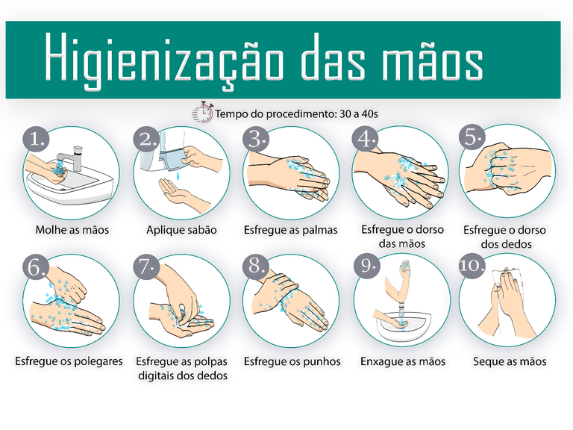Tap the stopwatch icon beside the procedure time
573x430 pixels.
point(202,113)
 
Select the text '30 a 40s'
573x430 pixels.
point(356,114)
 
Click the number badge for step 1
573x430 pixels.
point(37,140)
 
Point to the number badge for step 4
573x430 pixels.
point(366,140)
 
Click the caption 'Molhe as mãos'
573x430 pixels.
point(72,229)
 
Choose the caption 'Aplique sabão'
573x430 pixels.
point(181,229)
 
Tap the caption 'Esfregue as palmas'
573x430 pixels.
point(291,229)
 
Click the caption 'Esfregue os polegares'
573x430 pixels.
point(69,361)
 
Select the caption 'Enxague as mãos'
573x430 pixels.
point(402,361)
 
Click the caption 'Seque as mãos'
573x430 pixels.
point(510,361)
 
